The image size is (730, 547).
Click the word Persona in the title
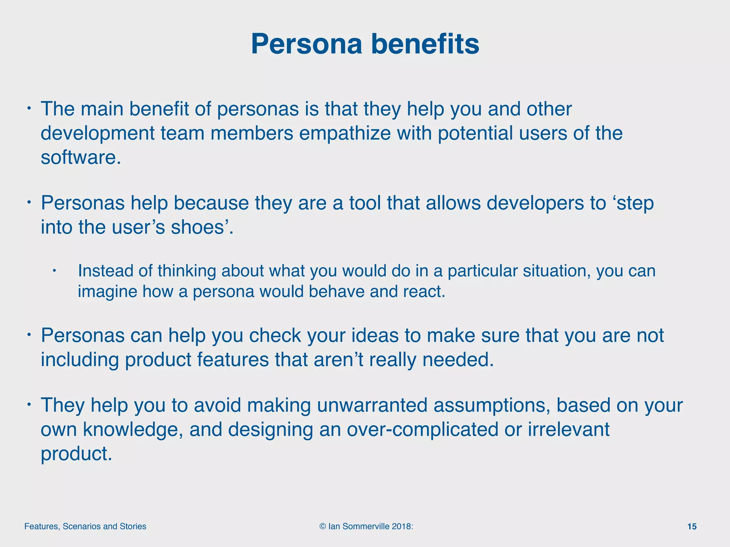pos(306,44)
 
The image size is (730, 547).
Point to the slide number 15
pos(692,527)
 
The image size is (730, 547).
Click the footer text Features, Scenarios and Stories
pos(85,527)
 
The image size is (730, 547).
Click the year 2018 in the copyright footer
pos(401,527)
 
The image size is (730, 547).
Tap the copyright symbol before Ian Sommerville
pos(323,527)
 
